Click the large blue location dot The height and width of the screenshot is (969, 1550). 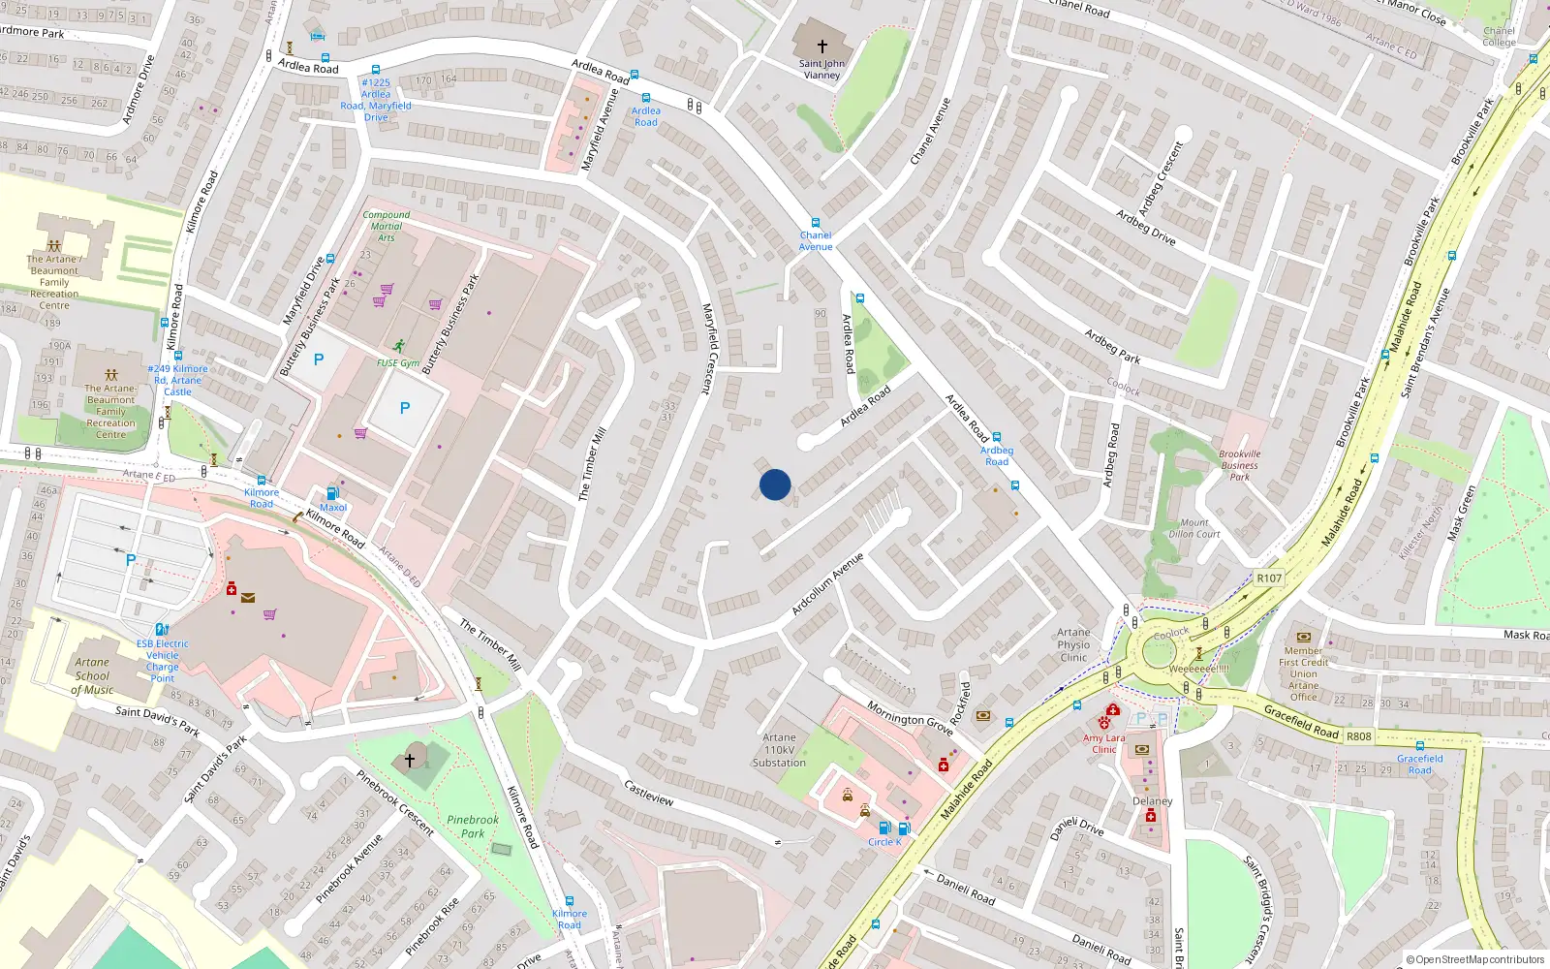coord(775,484)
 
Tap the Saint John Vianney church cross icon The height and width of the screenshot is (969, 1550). coord(821,46)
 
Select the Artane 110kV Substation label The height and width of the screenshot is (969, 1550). coord(779,750)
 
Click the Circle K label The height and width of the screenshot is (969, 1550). coord(884,842)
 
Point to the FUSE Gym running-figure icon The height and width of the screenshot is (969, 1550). coord(399,346)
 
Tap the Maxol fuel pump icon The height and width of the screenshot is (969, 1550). coord(333,493)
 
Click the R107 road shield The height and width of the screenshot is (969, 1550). coord(1269,578)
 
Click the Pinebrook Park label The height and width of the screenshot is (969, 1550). coord(473,827)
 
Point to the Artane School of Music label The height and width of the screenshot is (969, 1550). coord(92,676)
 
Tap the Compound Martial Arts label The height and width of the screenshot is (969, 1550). coord(387,226)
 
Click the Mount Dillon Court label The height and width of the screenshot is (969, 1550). coord(1194,528)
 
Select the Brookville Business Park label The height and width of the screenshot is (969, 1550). coord(1240,465)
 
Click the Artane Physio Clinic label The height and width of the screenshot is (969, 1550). coord(1073,644)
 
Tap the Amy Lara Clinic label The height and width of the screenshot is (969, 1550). coord(1104,743)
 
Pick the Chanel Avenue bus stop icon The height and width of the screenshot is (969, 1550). coord(816,223)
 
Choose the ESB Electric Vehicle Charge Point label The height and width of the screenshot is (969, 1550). coord(163,661)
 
